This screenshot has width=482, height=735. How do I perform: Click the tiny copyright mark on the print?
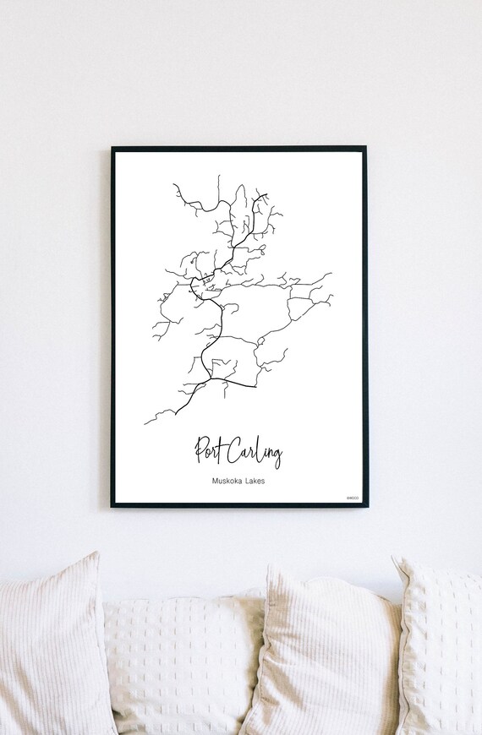(x=353, y=498)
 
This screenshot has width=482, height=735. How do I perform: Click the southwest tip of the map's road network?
(x=145, y=422)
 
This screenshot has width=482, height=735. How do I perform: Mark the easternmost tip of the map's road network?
(x=331, y=274)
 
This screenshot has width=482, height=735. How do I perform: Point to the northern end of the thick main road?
(x=266, y=196)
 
